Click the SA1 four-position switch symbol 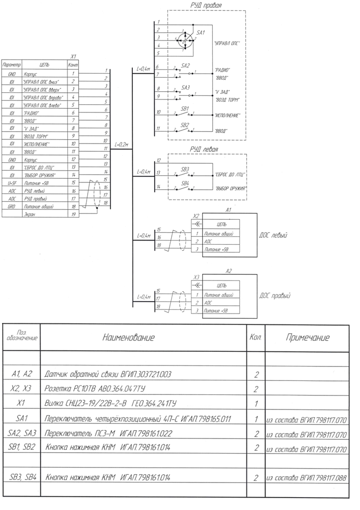(186, 39)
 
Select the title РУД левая (203, 150)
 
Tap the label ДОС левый (273, 235)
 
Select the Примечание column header (307, 338)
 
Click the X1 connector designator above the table (73, 56)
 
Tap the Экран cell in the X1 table (30, 214)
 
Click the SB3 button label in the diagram (185, 169)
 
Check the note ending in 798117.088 (306, 477)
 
